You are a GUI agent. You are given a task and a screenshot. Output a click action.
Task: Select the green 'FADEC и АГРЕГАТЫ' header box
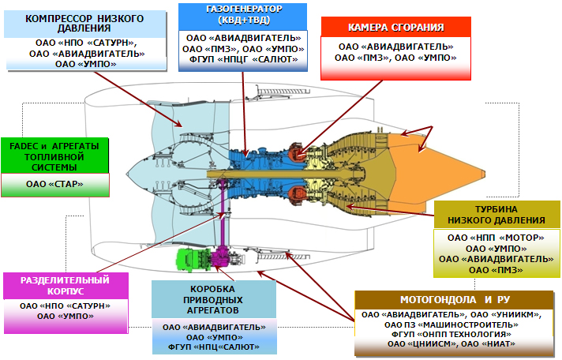pos(54,155)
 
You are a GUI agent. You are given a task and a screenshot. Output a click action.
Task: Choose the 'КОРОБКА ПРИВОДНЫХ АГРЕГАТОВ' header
pos(215,298)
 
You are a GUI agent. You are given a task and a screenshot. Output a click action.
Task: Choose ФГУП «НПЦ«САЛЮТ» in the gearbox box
pos(214,346)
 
